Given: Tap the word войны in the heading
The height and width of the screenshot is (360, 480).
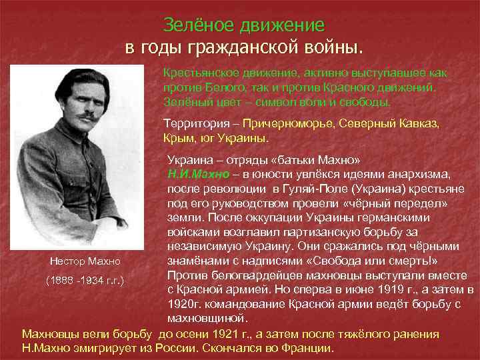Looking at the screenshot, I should pos(333,48).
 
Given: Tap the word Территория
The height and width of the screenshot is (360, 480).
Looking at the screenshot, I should pos(195,124).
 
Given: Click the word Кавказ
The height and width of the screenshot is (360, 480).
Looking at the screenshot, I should pos(417,124).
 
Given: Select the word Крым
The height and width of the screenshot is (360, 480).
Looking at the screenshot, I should pos(179,139).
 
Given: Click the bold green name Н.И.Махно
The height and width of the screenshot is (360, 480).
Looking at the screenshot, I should pos(198,175).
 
